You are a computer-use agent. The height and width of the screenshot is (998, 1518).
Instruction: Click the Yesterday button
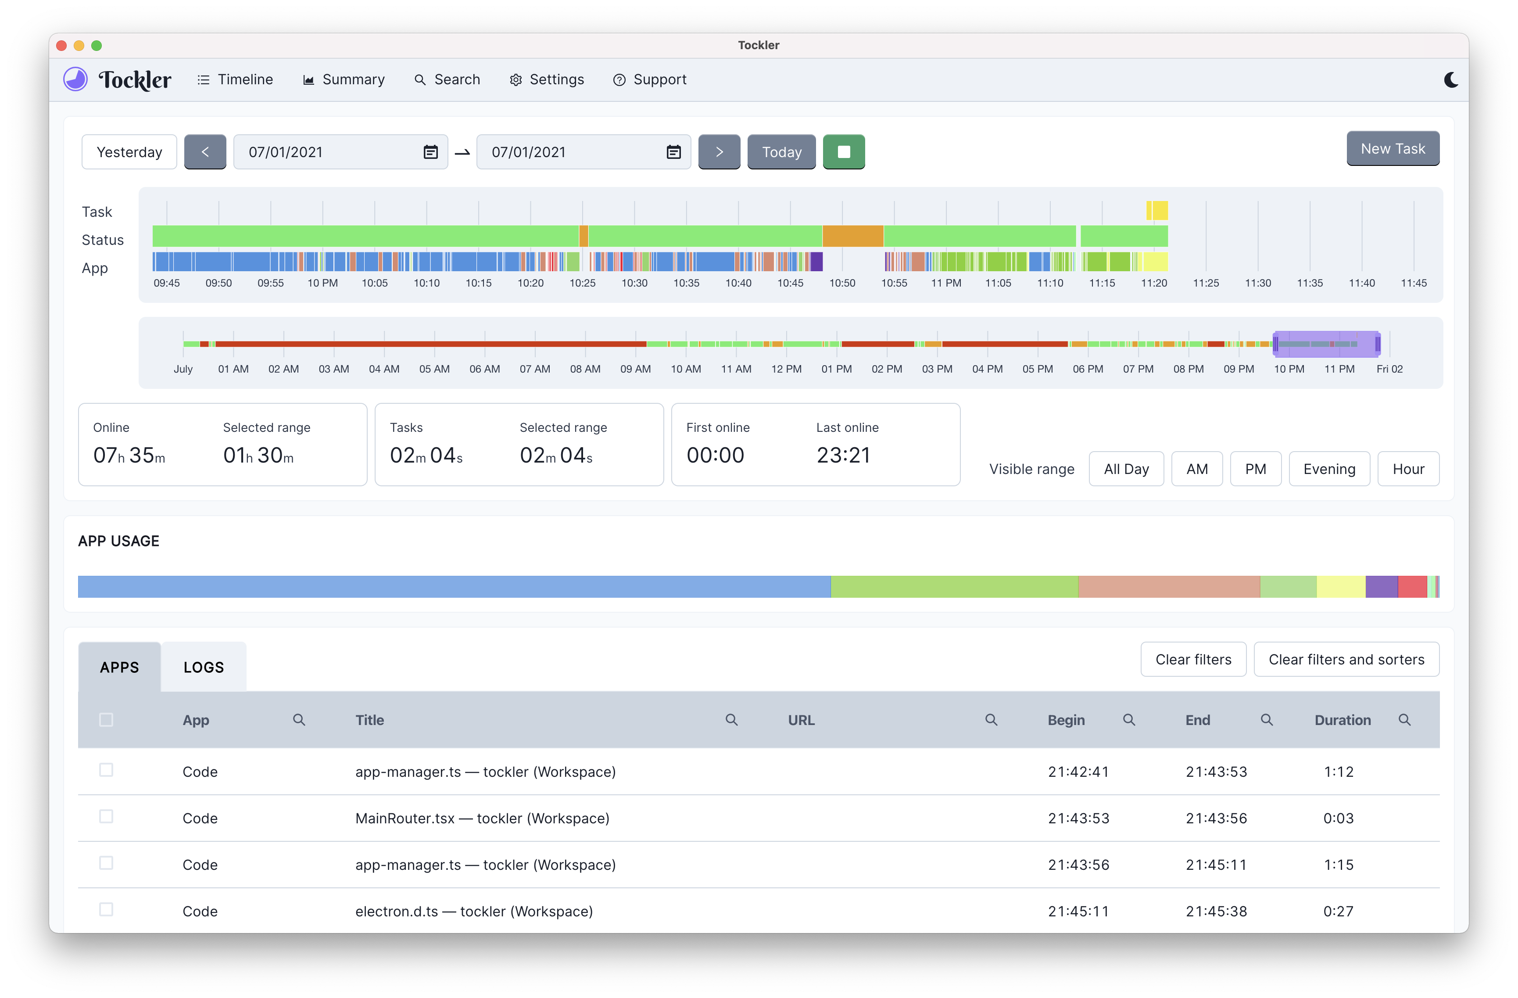129,152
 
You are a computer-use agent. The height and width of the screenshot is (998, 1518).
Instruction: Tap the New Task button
1393,149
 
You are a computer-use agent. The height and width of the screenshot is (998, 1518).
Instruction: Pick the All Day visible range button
1126,469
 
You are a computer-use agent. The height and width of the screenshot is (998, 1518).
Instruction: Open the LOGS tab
204,667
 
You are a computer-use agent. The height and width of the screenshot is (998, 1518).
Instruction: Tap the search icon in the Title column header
731,720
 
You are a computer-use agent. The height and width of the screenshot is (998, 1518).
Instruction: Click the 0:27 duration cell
1338,911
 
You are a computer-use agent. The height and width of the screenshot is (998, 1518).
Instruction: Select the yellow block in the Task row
1158,211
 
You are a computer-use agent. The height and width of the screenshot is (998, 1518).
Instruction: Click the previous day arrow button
205,152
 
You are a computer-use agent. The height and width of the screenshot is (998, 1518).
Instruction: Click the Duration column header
1342,720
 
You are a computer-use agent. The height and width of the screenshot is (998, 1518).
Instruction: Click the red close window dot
62,45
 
